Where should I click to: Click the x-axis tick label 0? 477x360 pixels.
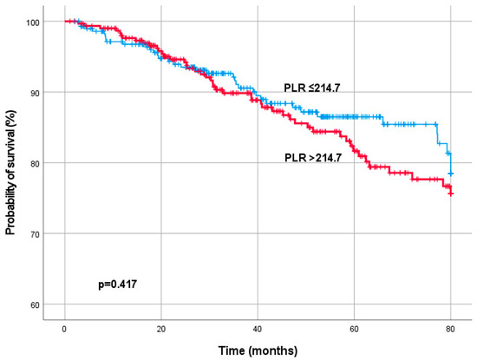pos(64,331)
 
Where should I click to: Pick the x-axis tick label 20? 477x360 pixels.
pos(160,331)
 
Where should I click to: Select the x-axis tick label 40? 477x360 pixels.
pos(258,331)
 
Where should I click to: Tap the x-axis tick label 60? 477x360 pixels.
pos(354,331)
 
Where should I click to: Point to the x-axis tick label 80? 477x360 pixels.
pos(450,331)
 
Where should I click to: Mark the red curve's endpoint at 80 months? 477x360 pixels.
pos(451,193)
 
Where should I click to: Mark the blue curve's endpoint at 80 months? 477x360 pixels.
pos(451,174)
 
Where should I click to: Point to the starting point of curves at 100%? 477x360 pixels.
pos(65,21)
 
